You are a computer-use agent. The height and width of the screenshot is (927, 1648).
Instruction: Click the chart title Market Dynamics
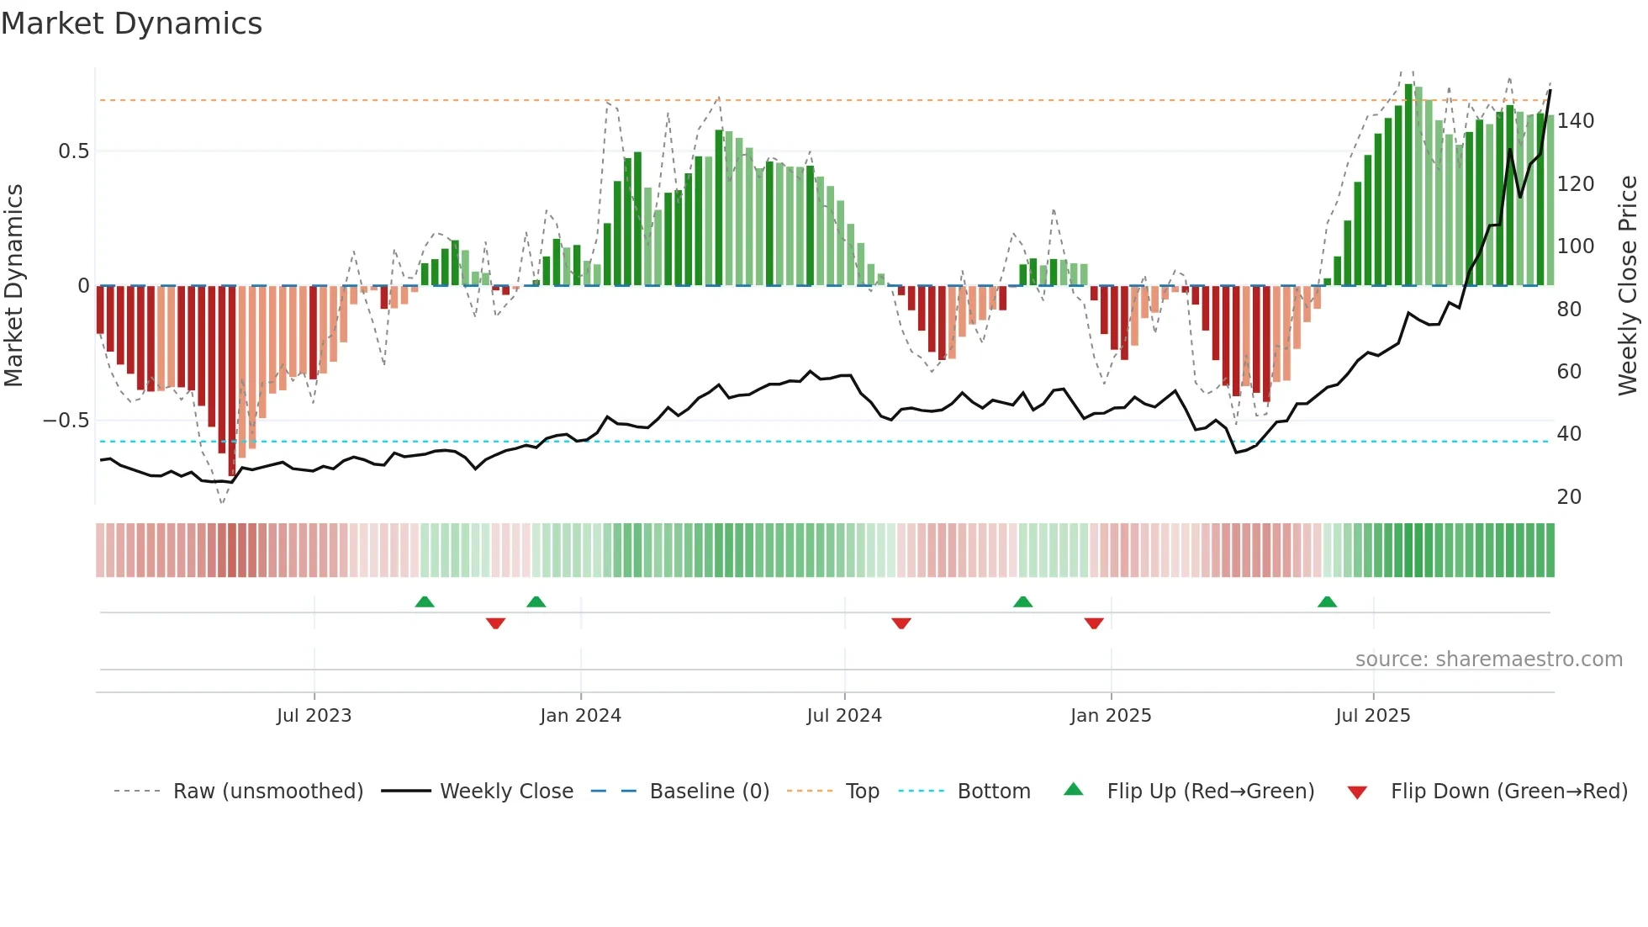click(x=131, y=24)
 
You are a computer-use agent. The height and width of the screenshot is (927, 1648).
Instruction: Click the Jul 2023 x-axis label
click(x=314, y=716)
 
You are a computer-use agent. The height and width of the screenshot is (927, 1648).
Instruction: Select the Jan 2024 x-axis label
click(x=580, y=716)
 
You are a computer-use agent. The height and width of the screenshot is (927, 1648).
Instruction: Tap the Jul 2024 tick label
click(x=844, y=716)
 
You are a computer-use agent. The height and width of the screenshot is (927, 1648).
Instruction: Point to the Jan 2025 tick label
click(x=1111, y=716)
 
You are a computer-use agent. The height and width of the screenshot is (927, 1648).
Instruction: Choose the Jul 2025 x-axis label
click(x=1372, y=716)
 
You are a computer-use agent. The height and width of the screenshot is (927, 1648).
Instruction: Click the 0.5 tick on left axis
click(x=73, y=151)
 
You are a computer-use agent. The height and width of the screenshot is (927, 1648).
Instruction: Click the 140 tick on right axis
click(x=1575, y=121)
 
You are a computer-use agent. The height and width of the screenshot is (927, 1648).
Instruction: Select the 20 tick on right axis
click(x=1569, y=497)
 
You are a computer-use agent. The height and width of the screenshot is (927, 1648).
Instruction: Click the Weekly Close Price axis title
click(x=1628, y=286)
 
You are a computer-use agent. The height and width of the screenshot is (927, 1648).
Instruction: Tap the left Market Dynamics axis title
click(x=13, y=286)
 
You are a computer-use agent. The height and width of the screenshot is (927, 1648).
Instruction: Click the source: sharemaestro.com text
click(x=1488, y=659)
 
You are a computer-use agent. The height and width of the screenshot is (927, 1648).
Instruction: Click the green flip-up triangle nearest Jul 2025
click(x=1327, y=602)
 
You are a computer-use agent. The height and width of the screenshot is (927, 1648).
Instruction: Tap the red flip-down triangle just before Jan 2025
click(x=1093, y=623)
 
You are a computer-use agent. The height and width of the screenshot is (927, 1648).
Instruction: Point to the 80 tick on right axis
click(x=1569, y=310)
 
